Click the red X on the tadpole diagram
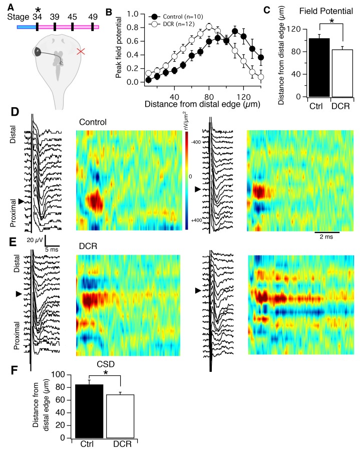[81, 51]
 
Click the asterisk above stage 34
[37, 9]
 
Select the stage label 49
[91, 16]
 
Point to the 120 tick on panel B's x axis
[243, 95]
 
